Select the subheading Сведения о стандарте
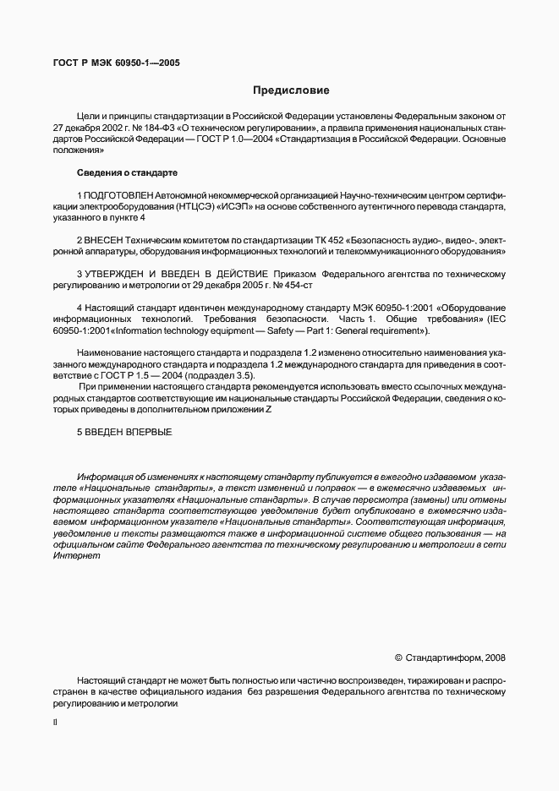coord(127,172)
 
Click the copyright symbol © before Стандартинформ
coord(398,657)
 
